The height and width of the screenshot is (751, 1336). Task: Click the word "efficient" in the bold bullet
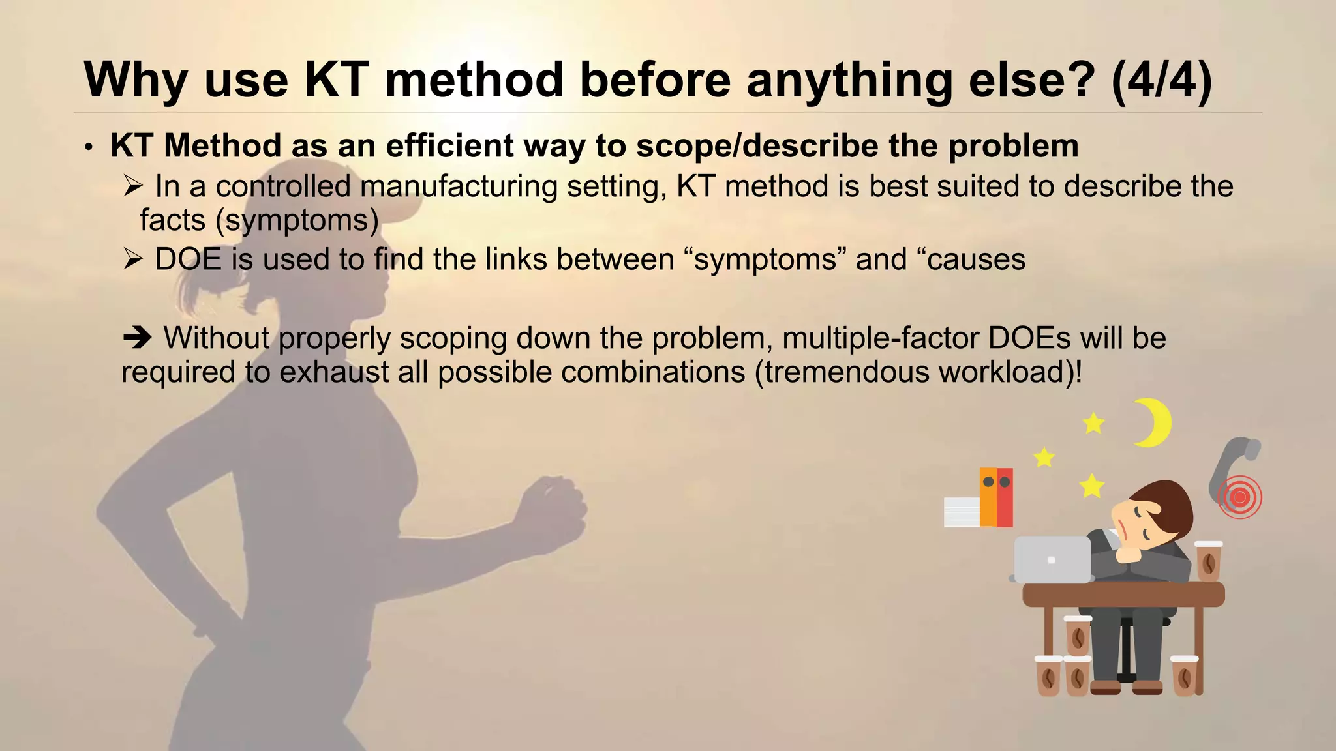coord(449,145)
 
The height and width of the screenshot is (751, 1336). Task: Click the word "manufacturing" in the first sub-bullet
coord(459,186)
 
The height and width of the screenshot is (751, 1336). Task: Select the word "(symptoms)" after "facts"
coord(297,220)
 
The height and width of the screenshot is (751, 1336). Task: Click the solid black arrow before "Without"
coord(137,338)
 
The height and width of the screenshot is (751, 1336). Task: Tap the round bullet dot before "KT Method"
coord(89,147)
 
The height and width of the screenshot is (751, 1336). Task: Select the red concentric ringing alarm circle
coord(1239,497)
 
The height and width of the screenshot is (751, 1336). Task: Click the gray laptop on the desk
coord(1052,559)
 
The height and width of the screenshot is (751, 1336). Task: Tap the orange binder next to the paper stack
coord(988,497)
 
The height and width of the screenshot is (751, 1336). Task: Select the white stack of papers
coord(962,512)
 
